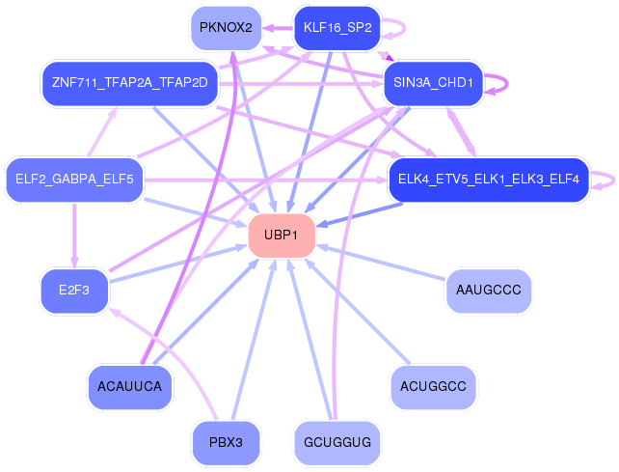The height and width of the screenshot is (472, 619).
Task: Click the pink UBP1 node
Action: click(282, 236)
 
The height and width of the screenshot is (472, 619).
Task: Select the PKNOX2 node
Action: click(226, 28)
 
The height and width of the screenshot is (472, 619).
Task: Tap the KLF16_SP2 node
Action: click(337, 28)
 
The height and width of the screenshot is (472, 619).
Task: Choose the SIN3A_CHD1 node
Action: click(433, 83)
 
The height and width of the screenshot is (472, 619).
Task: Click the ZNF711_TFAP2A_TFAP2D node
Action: click(129, 83)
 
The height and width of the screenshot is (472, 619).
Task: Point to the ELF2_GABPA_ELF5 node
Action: click(74, 180)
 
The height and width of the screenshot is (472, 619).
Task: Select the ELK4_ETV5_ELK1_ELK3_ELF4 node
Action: click(488, 180)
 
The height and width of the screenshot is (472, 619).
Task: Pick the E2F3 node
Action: click(74, 291)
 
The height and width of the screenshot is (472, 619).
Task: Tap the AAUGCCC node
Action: click(488, 291)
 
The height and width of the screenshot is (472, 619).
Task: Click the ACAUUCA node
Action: click(129, 387)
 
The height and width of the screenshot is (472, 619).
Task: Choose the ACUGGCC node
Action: click(433, 387)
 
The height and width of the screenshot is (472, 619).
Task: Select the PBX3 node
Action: click(226, 442)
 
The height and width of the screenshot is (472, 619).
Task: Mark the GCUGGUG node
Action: click(337, 442)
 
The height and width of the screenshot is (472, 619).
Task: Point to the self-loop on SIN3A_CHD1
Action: click(507, 83)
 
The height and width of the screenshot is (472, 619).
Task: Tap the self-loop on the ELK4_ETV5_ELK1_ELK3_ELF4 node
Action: click(613, 180)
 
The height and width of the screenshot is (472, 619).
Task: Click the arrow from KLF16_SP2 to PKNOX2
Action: click(278, 28)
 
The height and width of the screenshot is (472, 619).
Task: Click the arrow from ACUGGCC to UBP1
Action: click(358, 312)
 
